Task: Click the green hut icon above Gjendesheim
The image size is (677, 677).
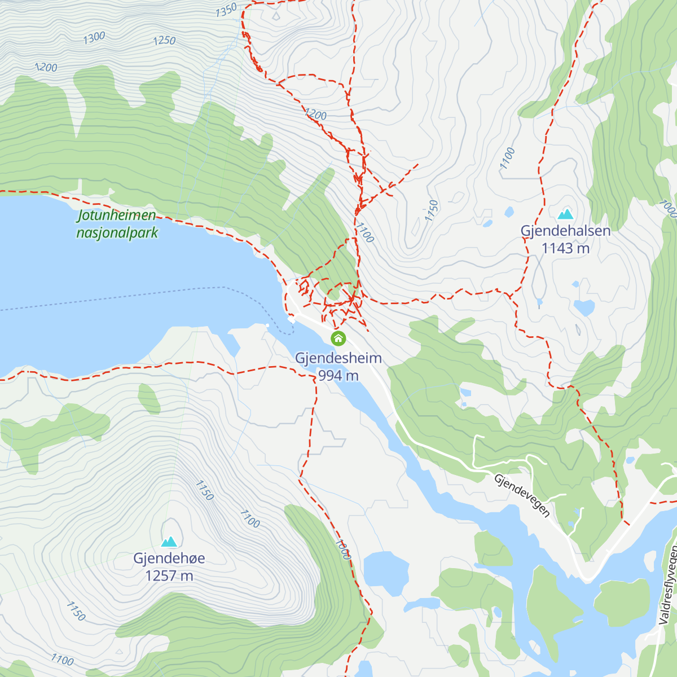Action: pos(338,338)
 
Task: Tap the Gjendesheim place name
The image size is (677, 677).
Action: pos(338,358)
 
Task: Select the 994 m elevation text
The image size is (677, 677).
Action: pos(338,375)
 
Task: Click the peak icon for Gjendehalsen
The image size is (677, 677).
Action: pos(565,214)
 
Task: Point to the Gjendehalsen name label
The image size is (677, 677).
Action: pos(565,231)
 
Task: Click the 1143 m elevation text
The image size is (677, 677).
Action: pos(565,248)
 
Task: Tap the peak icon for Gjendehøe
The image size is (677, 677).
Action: pos(169,542)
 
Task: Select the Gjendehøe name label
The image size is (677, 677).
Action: pos(169,559)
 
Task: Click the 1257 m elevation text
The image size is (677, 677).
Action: pos(169,576)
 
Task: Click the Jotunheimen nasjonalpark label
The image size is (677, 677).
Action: pos(117,224)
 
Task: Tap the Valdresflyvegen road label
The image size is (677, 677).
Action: pos(669,584)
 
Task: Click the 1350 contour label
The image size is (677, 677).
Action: pos(226,10)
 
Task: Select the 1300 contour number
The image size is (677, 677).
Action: pos(94,38)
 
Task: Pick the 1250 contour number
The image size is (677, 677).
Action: pos(164,41)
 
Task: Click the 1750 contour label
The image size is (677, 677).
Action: pos(432,210)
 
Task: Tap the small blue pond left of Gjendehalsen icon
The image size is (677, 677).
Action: pos(509,212)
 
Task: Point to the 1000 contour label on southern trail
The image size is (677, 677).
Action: pos(342,549)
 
